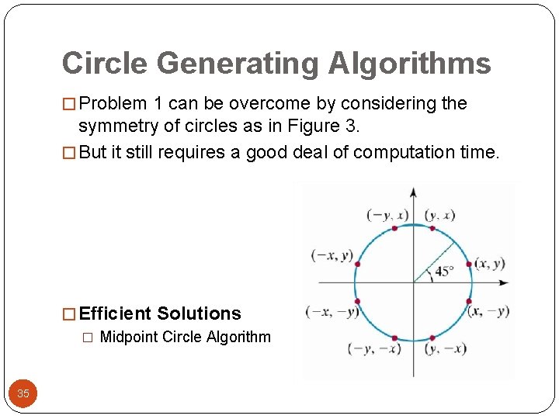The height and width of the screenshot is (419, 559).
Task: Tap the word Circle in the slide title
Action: (100, 64)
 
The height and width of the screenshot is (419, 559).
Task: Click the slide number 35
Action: (23, 393)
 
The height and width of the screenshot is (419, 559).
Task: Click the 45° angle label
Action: (443, 272)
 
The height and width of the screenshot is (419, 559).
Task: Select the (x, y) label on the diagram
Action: (490, 263)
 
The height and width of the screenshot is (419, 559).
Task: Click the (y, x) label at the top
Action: (440, 215)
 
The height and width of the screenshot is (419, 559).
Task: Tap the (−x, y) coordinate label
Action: (332, 255)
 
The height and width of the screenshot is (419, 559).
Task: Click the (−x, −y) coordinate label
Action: (332, 312)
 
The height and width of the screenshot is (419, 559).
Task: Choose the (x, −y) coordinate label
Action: (488, 311)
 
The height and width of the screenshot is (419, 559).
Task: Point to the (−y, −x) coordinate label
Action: (375, 349)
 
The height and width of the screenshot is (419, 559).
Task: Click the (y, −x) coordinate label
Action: (445, 349)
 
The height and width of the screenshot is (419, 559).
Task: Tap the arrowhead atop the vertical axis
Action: (414, 191)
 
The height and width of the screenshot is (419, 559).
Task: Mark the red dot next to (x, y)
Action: (470, 265)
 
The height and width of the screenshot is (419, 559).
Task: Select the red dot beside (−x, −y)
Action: (357, 301)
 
